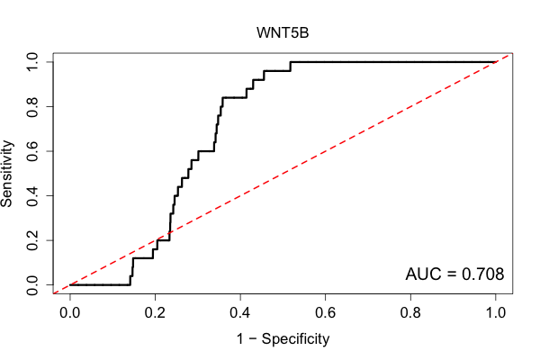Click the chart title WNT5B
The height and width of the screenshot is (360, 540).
pos(283,33)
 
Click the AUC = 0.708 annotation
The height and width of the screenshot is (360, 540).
pos(454,274)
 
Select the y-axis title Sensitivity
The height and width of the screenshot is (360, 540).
pos(6,174)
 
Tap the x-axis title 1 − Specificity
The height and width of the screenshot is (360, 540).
pos(283,339)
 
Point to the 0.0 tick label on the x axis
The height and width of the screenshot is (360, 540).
pos(70,313)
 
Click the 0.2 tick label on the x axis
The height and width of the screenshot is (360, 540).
pos(155,313)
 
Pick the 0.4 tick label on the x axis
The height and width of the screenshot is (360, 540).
pos(240,313)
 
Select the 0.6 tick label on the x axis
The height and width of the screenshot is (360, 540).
pos(325,313)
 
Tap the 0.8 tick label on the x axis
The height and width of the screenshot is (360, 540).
pos(410,313)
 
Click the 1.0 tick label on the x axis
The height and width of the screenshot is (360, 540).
pos(496,313)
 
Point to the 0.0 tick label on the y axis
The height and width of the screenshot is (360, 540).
pos(32,285)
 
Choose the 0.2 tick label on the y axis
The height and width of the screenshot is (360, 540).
pos(32,240)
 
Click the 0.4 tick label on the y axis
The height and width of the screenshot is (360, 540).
pos(32,195)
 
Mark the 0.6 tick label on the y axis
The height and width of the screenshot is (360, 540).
pos(32,151)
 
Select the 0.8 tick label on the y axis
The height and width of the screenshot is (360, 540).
pos(32,107)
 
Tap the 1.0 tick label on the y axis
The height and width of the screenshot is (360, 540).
pos(32,62)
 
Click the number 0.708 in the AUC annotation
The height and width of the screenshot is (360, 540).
pos(482,274)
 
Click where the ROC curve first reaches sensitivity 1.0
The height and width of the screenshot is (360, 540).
pos(291,62)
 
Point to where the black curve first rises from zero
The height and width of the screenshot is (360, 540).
pos(130,285)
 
